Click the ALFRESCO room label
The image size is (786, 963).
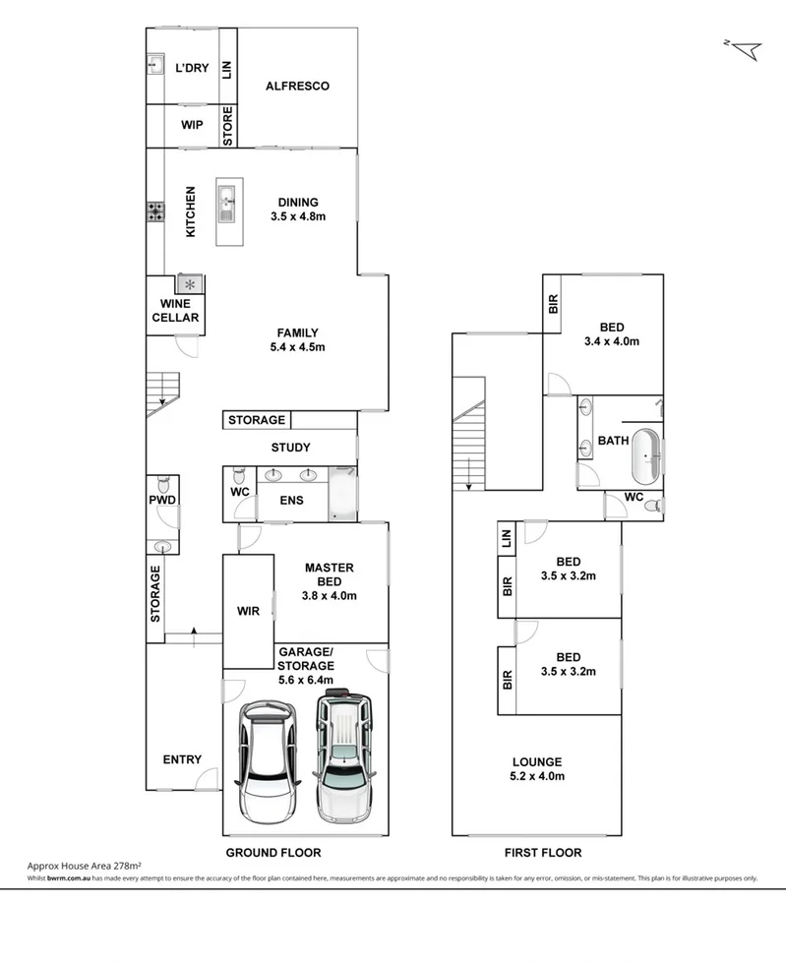(x=297, y=87)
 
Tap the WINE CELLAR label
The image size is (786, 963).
(x=176, y=311)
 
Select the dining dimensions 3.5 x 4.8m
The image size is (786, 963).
(x=297, y=216)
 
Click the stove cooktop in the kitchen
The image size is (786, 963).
(x=155, y=211)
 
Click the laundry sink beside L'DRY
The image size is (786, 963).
(x=155, y=65)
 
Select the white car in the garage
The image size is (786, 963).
(x=263, y=760)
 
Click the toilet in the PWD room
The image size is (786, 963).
(x=164, y=485)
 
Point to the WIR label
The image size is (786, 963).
(x=248, y=611)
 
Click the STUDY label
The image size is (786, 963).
(x=291, y=449)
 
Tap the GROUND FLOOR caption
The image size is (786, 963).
(x=273, y=853)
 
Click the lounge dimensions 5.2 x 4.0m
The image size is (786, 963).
(x=536, y=776)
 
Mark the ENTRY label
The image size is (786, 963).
(x=182, y=759)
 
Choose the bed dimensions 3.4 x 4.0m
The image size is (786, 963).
(x=612, y=342)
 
